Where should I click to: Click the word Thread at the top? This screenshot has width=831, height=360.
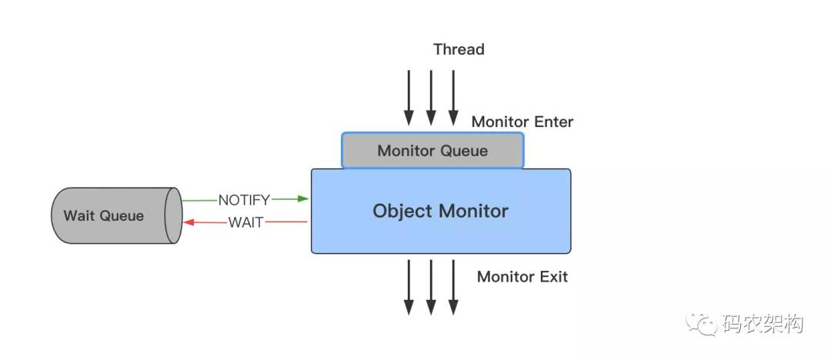(x=459, y=50)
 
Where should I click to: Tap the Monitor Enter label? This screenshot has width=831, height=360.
(x=522, y=122)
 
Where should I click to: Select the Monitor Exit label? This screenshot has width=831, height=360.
(x=522, y=277)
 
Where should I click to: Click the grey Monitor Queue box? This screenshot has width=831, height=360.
(x=432, y=150)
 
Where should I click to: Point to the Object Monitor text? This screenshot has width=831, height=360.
(x=440, y=211)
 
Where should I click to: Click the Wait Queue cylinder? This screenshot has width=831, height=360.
(x=104, y=215)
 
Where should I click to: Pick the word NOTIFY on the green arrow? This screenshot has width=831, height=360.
(x=244, y=200)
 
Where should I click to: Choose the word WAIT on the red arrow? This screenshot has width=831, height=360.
(x=245, y=223)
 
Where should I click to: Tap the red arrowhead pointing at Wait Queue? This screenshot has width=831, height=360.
(x=188, y=222)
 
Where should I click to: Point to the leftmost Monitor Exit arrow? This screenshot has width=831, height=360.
(x=409, y=286)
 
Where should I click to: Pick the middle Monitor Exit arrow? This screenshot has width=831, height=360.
(x=431, y=286)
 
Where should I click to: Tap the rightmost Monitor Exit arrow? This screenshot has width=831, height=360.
(x=453, y=286)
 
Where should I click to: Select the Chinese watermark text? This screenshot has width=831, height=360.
(x=762, y=325)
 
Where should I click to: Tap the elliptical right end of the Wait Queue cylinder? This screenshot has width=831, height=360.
(x=173, y=215)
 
